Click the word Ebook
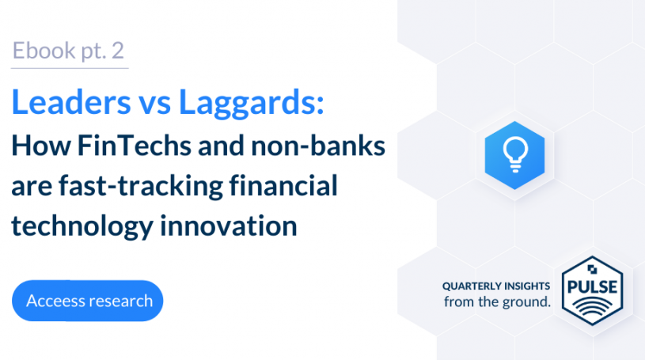point(44,51)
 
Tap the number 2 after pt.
point(118,51)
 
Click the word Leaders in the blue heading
point(71,102)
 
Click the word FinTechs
point(134,146)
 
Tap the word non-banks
point(318,146)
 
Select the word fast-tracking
point(140,187)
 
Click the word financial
point(283,185)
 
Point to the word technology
point(82,226)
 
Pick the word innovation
point(228,225)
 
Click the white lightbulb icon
point(515,154)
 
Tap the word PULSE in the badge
point(592,287)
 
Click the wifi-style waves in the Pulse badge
point(592,307)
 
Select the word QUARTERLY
point(472,286)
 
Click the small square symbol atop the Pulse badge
point(592,270)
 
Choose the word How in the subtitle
point(40,146)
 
